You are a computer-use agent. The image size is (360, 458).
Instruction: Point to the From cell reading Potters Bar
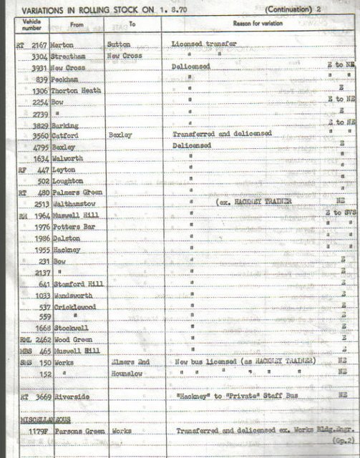point(74,227)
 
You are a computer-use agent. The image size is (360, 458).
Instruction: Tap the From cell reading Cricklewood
point(76,307)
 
